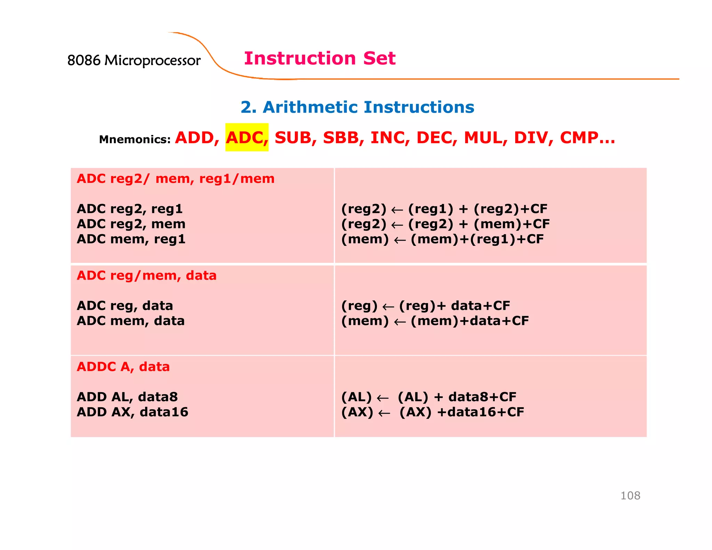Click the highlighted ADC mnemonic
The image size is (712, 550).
(x=246, y=138)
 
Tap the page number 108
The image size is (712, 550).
(x=630, y=495)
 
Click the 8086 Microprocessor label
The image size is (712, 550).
(x=134, y=60)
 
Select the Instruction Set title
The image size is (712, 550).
(x=319, y=58)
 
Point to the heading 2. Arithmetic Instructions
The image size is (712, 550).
(x=357, y=107)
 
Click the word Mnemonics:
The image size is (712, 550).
(x=135, y=139)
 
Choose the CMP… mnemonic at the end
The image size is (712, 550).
(x=587, y=138)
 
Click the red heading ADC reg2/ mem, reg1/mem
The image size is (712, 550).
(x=176, y=179)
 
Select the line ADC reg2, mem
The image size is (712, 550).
(x=131, y=224)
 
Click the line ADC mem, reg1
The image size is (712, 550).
(x=131, y=239)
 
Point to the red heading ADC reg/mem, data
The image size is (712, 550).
(x=146, y=276)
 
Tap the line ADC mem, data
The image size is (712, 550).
(x=130, y=321)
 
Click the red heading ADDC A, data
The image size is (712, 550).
(x=123, y=367)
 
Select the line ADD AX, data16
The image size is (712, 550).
(x=132, y=412)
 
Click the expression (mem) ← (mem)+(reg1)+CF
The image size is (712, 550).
(x=442, y=239)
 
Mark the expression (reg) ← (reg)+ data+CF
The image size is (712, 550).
(x=426, y=306)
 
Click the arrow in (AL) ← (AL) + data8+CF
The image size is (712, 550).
(x=383, y=398)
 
